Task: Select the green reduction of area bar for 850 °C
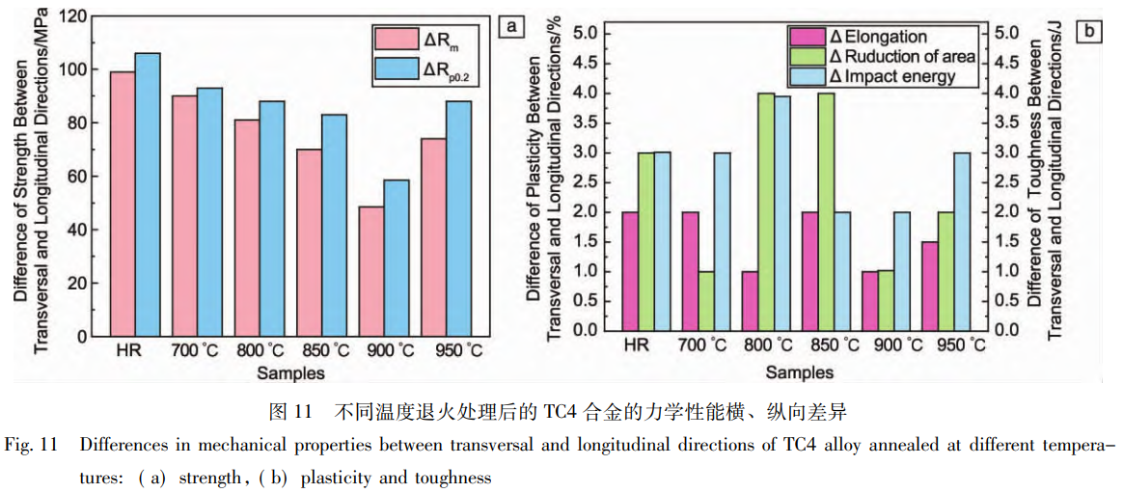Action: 826,211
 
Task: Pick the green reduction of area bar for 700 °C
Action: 706,300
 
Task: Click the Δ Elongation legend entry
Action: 878,38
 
